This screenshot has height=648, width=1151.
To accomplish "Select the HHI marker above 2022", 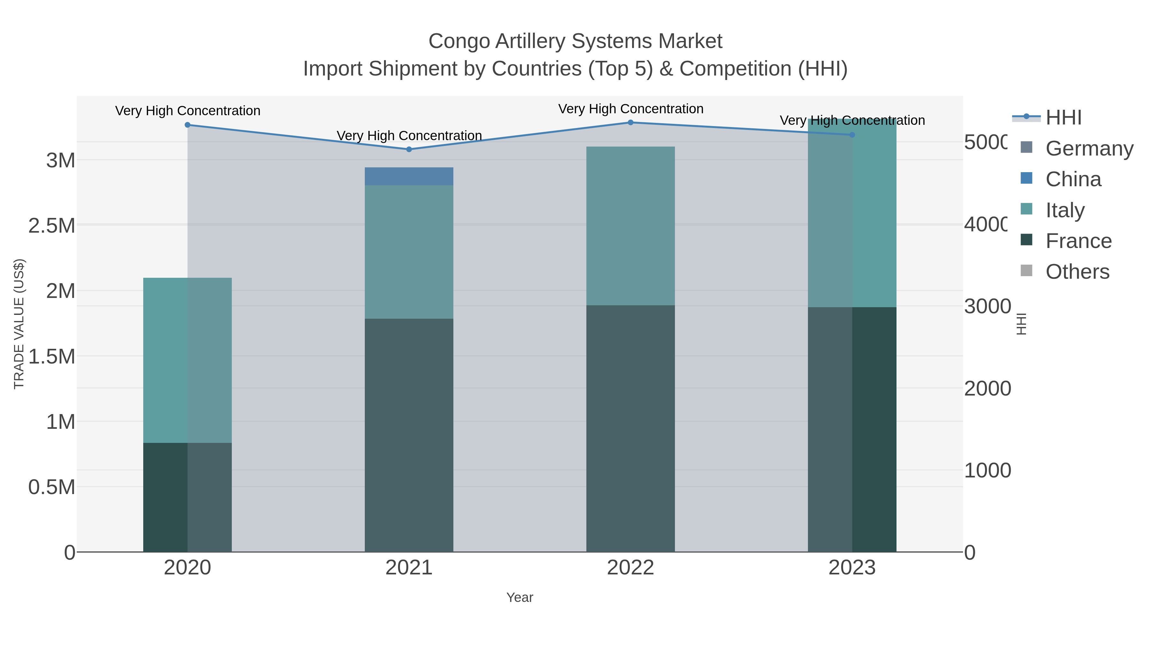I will tap(630, 122).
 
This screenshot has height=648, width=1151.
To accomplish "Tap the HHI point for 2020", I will tap(187, 125).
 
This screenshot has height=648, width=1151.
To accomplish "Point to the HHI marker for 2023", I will tap(852, 135).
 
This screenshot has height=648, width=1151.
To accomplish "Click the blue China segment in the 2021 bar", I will tap(409, 176).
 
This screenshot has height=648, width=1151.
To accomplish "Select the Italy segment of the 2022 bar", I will tap(630, 226).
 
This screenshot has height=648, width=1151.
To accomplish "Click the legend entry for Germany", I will tap(1089, 148).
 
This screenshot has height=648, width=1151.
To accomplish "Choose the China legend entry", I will tap(1073, 179).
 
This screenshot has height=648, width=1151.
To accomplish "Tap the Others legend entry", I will tap(1077, 271).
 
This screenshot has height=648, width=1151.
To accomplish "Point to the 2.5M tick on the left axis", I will tap(52, 225).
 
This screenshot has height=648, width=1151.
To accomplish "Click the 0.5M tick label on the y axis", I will tap(52, 487).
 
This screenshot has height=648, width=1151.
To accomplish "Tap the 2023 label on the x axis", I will tap(852, 567).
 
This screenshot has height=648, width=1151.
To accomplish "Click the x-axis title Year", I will tap(519, 597).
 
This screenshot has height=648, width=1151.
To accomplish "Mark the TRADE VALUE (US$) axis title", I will tap(19, 324).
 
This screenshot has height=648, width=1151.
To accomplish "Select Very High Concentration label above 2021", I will tap(409, 135).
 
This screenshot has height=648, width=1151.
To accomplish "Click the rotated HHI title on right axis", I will tap(1022, 324).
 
